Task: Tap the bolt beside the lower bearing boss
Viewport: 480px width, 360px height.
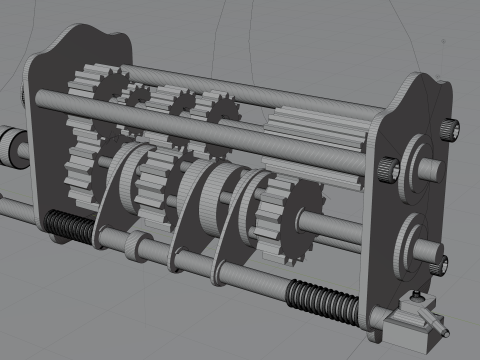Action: tap(440, 264)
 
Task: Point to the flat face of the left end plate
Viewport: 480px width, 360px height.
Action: tap(45, 150)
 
